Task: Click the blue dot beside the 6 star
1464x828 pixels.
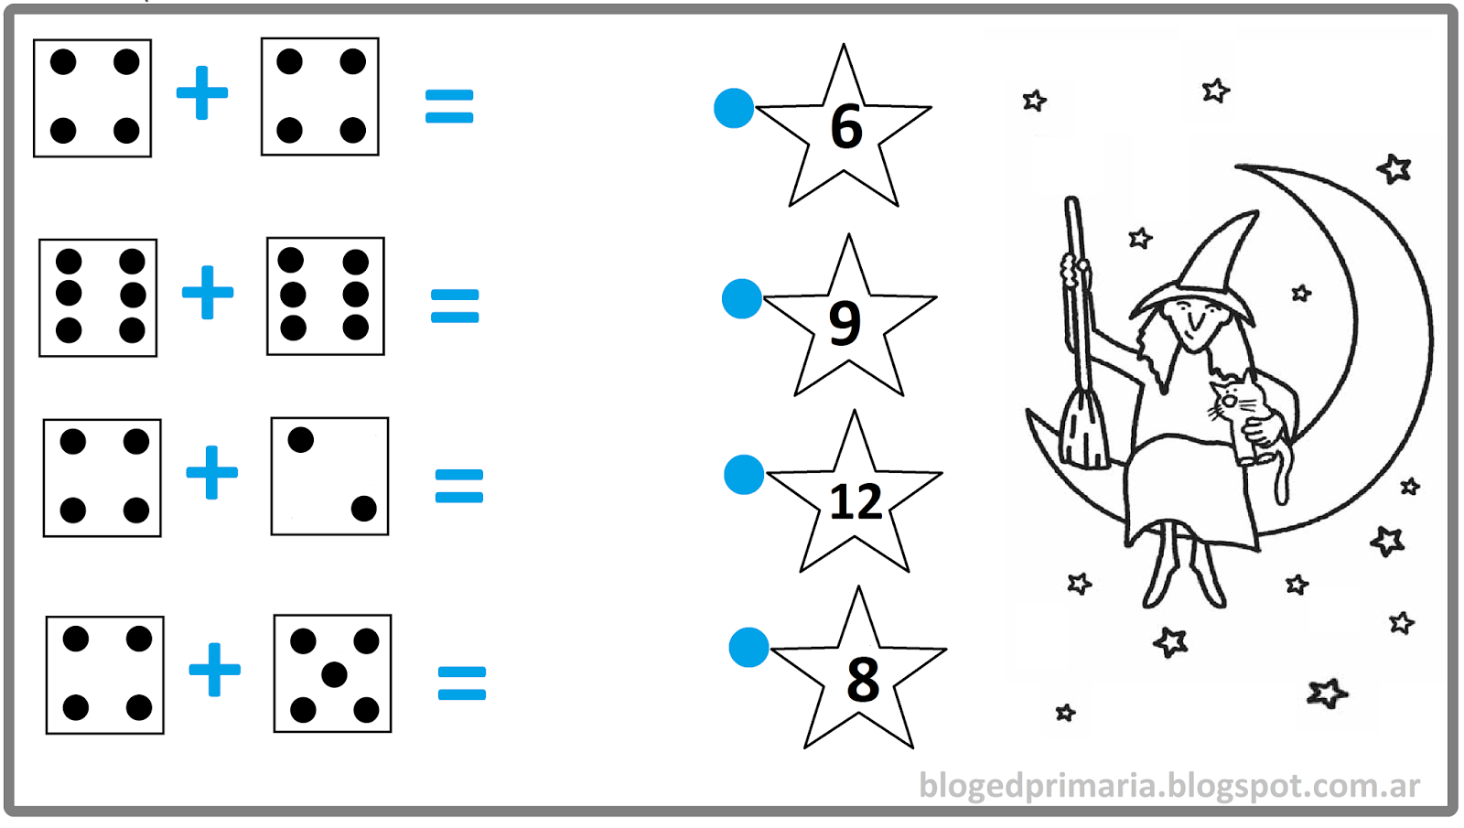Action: click(x=734, y=108)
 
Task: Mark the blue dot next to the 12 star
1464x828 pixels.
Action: click(x=744, y=475)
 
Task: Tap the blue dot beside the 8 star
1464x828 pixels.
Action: click(x=748, y=647)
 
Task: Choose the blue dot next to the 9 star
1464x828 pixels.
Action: click(x=742, y=298)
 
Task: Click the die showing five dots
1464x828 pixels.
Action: click(x=333, y=673)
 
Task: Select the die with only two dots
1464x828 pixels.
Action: click(x=329, y=477)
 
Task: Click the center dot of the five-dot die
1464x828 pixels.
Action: click(x=334, y=674)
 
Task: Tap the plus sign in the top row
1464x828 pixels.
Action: click(x=202, y=92)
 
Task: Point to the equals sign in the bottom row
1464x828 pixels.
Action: click(x=461, y=683)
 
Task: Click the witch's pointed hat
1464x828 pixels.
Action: click(x=1201, y=274)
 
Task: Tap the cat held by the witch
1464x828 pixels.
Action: click(x=1245, y=422)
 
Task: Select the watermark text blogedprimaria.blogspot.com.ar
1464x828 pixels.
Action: click(x=1168, y=786)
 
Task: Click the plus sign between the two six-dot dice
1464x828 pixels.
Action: click(x=207, y=292)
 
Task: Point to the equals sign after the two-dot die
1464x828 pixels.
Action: click(x=458, y=486)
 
